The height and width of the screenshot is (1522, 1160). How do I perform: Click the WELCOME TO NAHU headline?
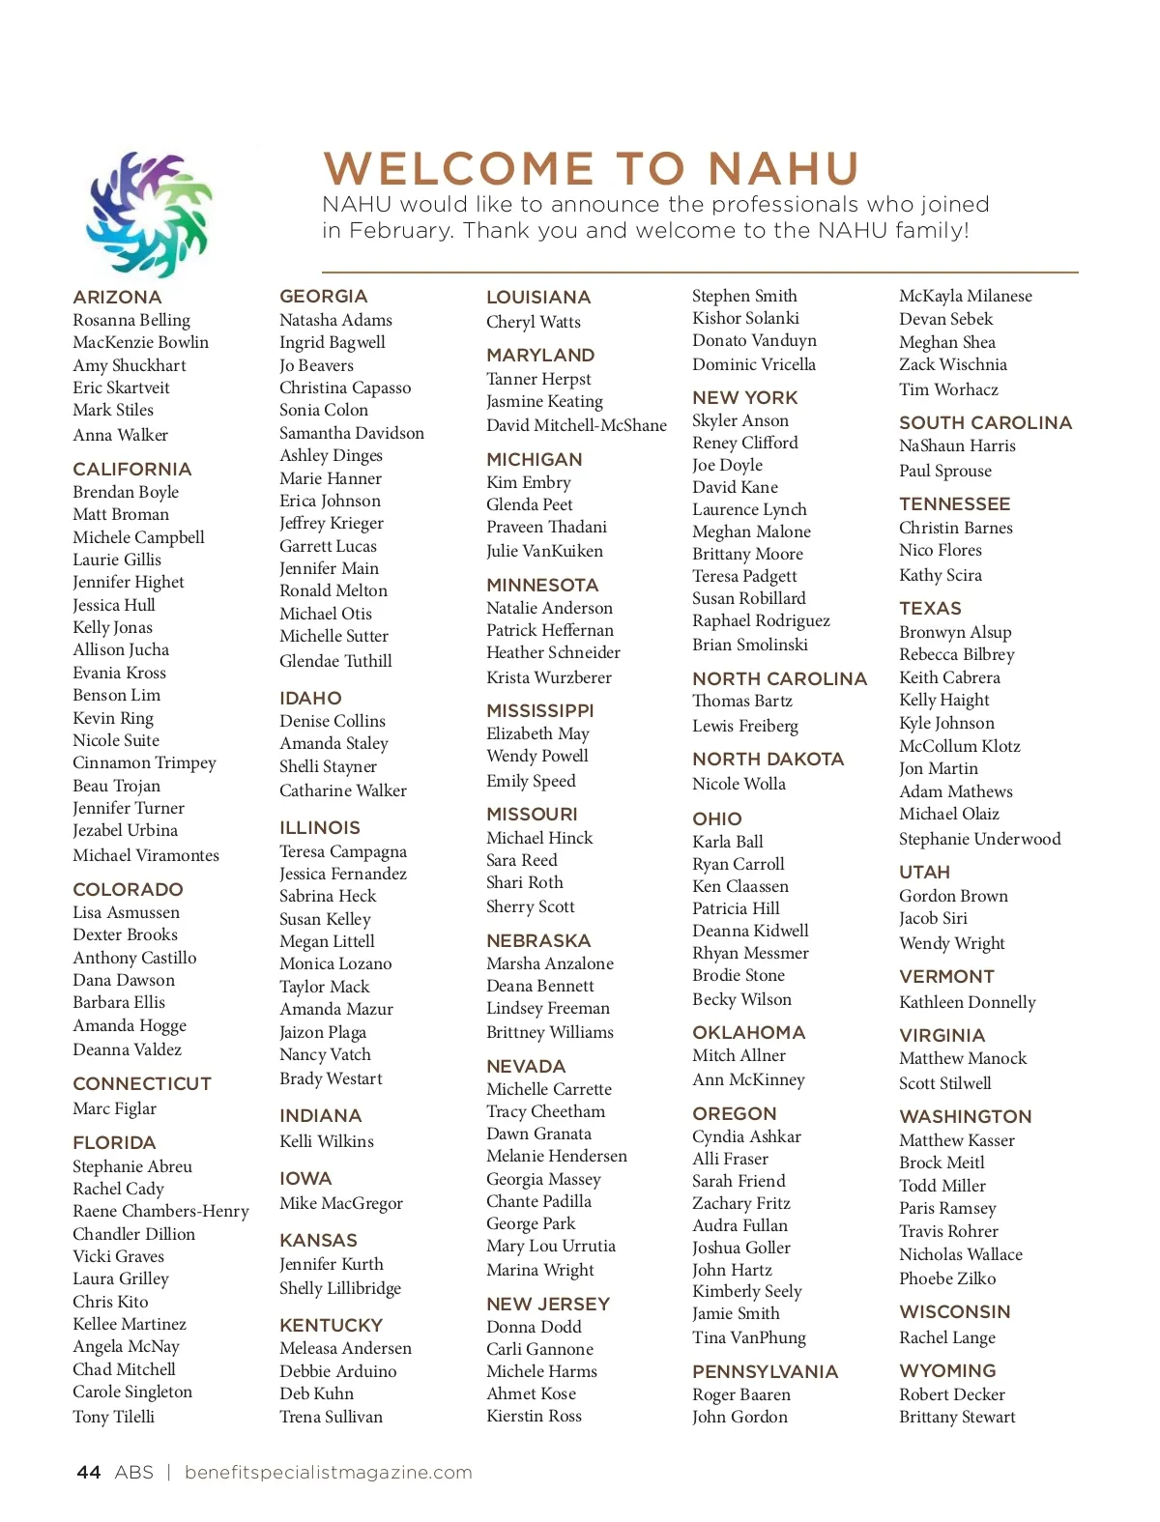tap(591, 169)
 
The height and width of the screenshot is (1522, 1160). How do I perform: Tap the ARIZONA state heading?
tap(117, 298)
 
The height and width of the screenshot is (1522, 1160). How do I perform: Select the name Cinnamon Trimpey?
tap(144, 762)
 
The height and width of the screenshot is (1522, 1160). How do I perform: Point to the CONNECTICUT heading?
tap(141, 1083)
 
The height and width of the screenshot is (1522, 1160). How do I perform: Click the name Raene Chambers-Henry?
tap(160, 1211)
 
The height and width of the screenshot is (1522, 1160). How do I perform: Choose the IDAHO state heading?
tap(310, 698)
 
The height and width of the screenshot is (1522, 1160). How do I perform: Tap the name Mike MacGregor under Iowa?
tap(340, 1203)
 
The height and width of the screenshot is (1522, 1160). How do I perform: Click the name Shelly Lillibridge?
tap(339, 1288)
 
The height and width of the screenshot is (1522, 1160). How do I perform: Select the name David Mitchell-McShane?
tap(576, 425)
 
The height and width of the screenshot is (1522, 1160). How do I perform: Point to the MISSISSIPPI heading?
tap(539, 710)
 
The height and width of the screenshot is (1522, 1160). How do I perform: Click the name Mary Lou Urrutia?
tap(550, 1246)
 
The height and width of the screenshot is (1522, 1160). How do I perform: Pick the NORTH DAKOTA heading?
tap(768, 760)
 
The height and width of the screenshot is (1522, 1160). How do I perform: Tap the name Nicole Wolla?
tap(739, 784)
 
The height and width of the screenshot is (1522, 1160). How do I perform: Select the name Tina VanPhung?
tap(748, 1337)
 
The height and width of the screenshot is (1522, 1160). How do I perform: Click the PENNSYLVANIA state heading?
tap(765, 1371)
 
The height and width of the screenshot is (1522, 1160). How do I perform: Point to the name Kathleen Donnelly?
tap(967, 1002)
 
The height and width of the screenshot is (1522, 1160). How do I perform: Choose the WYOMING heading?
tap(946, 1370)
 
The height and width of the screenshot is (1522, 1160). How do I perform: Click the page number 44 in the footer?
tap(88, 1472)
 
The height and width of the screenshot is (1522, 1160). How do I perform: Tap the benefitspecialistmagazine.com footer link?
tap(328, 1472)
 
